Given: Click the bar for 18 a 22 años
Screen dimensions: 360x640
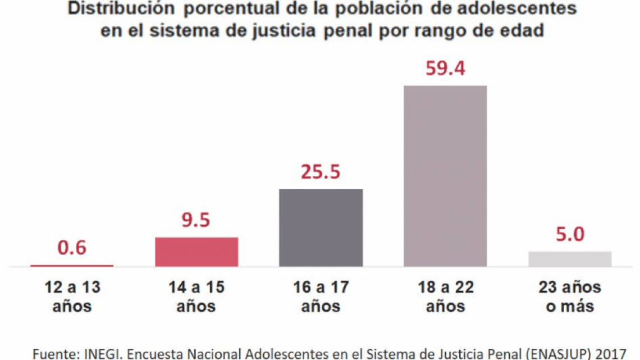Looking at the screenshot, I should click(445, 176).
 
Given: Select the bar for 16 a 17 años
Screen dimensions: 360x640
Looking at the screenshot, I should click(321, 227).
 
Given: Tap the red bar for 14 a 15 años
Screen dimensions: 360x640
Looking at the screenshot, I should click(196, 252).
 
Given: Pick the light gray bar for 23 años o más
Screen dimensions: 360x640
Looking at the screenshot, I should click(570, 259).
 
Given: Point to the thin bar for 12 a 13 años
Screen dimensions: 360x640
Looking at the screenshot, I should click(72, 265).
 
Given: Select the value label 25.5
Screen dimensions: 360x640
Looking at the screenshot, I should click(321, 171).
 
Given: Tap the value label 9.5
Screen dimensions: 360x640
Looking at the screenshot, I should click(196, 220).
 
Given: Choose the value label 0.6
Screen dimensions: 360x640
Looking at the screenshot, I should click(72, 248).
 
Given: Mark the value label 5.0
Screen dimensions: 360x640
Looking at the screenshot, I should click(570, 234).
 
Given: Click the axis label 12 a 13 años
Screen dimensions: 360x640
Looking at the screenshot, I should click(72, 297).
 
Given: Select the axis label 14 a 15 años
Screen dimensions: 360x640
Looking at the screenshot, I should click(196, 297).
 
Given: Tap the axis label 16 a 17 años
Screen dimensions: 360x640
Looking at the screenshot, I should click(321, 297).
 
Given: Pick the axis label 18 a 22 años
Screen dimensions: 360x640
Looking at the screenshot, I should click(445, 297).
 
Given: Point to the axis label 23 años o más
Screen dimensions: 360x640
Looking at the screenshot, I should click(570, 297).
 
